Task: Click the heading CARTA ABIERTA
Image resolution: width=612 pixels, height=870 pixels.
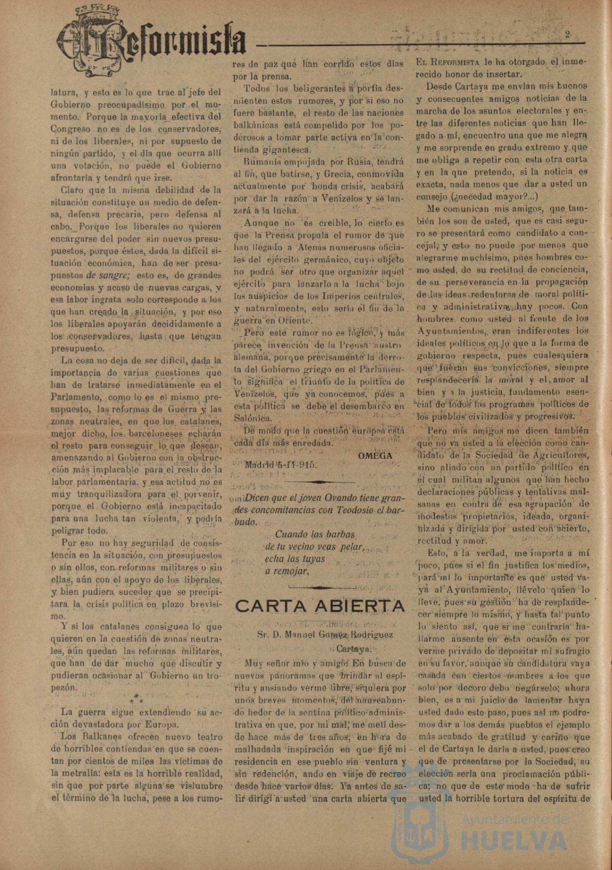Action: tap(320, 606)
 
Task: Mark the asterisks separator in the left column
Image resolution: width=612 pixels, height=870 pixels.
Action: tap(137, 699)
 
